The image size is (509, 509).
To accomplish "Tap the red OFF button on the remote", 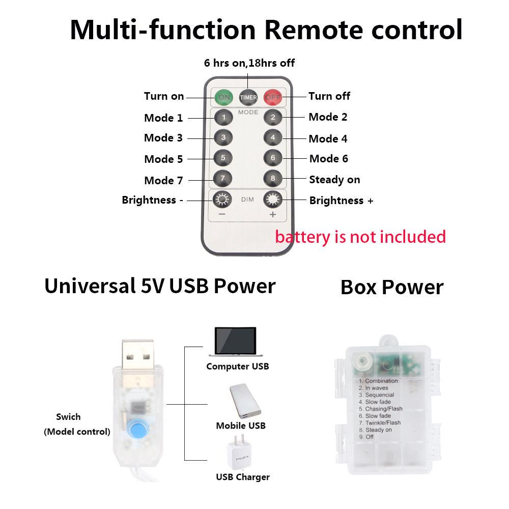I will coord(273,96).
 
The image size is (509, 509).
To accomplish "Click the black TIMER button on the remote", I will coord(248,96).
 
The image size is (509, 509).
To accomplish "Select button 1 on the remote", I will coord(223,118).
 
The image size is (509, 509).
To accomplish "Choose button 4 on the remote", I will coord(273,138).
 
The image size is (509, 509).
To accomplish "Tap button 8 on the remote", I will coord(273,179).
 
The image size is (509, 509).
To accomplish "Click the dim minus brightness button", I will coord(222,200).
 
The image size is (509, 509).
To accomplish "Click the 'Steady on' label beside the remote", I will coord(334,180).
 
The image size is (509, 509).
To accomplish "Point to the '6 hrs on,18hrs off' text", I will coord(249,63).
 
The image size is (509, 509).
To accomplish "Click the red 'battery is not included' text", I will coord(360,237).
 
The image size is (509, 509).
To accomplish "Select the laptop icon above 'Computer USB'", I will coord(236,342).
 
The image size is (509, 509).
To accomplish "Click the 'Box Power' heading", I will coord(392,287).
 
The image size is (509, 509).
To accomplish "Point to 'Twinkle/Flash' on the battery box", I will coord(383,423).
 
